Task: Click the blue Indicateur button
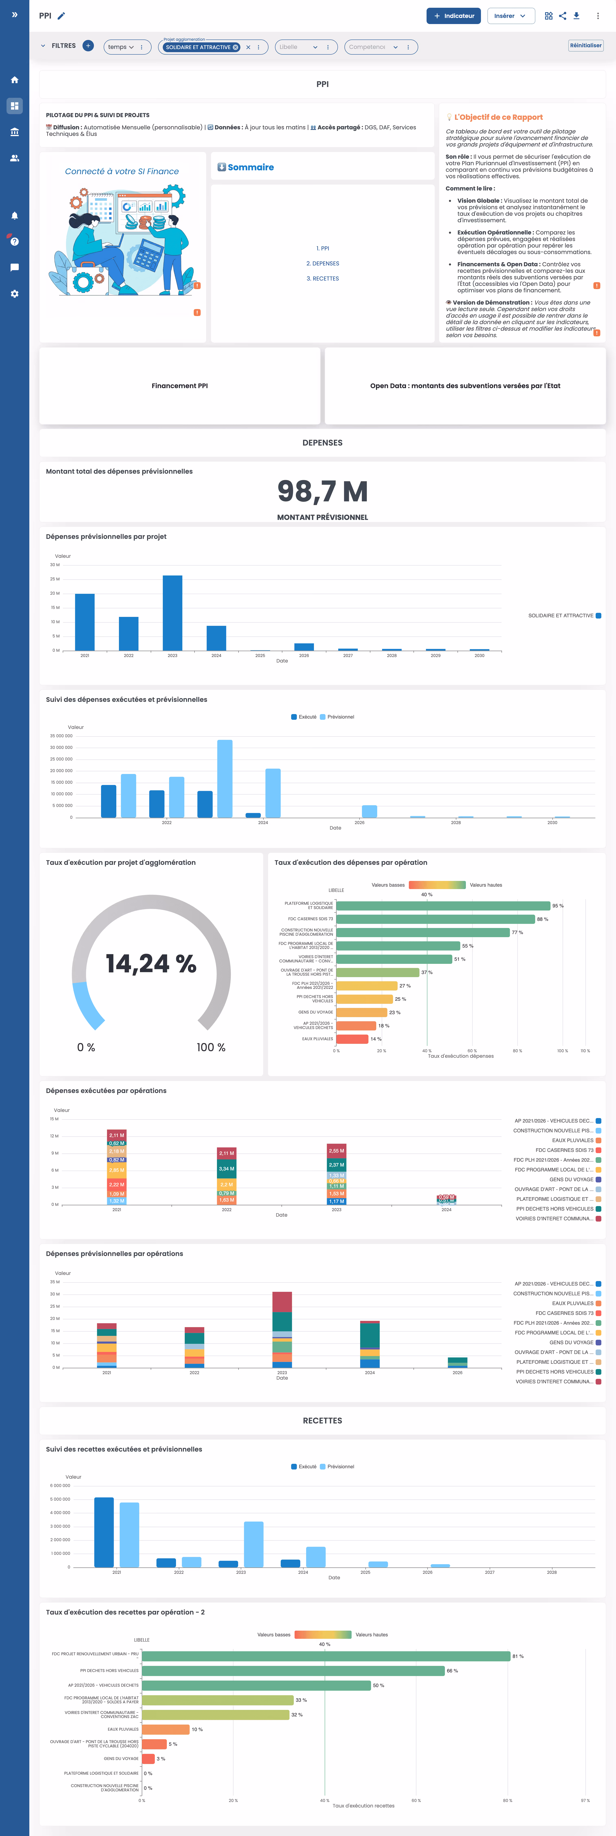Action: click(x=453, y=16)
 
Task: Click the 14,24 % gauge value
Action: click(x=151, y=964)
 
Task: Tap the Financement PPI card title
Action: click(x=180, y=386)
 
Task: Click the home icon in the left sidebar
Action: click(x=14, y=80)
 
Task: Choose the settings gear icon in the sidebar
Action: click(x=14, y=294)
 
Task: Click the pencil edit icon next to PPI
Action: click(x=61, y=16)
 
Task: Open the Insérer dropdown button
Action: click(x=510, y=16)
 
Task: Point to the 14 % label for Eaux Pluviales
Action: click(x=376, y=1039)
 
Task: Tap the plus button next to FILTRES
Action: click(x=88, y=46)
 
